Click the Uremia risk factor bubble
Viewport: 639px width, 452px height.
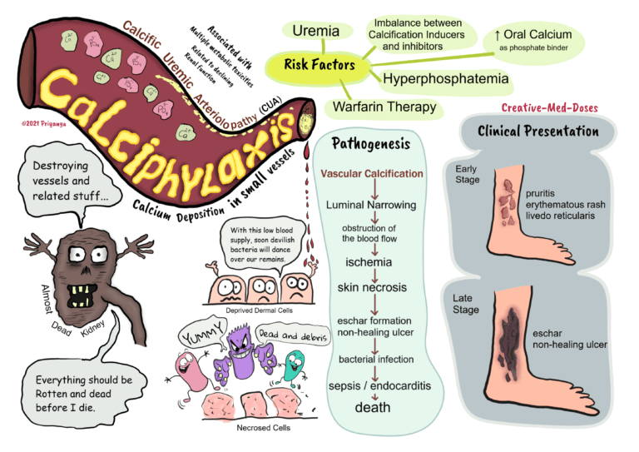pyautogui.click(x=315, y=32)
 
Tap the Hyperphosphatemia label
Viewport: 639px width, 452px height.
pyautogui.click(x=444, y=79)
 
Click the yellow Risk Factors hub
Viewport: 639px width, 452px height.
pyautogui.click(x=319, y=64)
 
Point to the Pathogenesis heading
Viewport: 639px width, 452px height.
pyautogui.click(x=370, y=143)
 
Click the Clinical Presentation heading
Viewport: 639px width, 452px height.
pyautogui.click(x=537, y=132)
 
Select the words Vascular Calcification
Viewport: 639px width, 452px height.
pyautogui.click(x=372, y=174)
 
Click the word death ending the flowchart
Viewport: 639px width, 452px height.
pyautogui.click(x=372, y=408)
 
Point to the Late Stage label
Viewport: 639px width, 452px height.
pyautogui.click(x=467, y=304)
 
